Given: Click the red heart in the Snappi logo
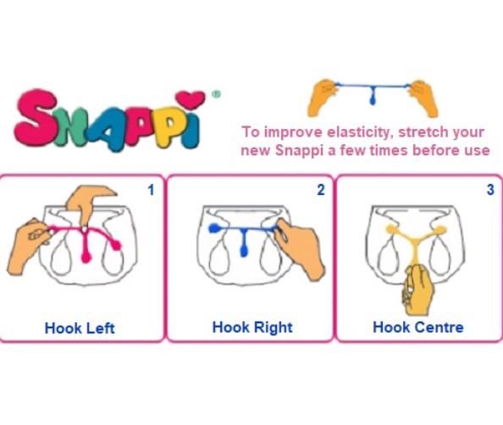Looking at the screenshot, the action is click(x=191, y=99).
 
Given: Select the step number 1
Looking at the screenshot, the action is click(x=151, y=190).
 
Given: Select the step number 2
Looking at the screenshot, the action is click(x=321, y=190).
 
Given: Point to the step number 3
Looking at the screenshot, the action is click(x=490, y=189).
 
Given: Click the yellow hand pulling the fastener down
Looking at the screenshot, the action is click(x=417, y=290).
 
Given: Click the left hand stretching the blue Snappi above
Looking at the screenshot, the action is click(x=323, y=98).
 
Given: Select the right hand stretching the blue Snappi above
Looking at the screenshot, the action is click(x=424, y=98).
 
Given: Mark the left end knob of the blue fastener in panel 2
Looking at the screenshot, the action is click(x=213, y=228).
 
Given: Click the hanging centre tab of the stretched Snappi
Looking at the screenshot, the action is click(x=373, y=95).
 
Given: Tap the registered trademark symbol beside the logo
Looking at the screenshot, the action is click(x=217, y=94).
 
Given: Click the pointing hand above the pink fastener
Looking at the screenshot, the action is click(x=86, y=203).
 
